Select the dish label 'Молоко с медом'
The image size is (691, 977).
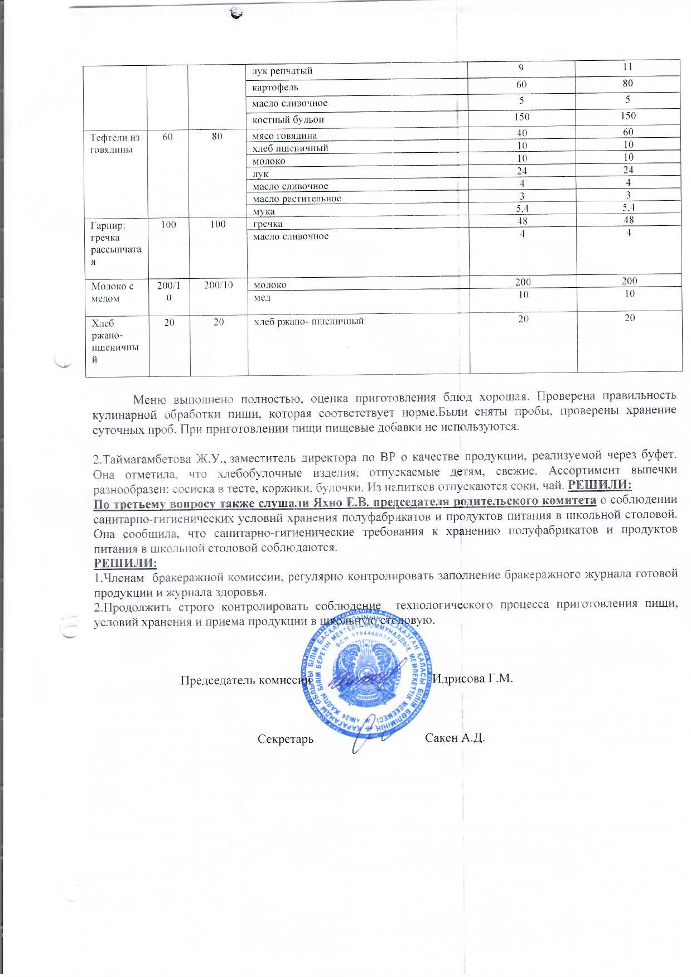113,292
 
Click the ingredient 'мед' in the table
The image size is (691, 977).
262,297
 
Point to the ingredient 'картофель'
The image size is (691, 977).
275,88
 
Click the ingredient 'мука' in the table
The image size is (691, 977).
264,211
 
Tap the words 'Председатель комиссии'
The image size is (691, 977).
247,680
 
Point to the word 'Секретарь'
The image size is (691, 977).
286,739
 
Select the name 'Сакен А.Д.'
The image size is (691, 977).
455,738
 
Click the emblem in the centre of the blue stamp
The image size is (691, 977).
366,678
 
